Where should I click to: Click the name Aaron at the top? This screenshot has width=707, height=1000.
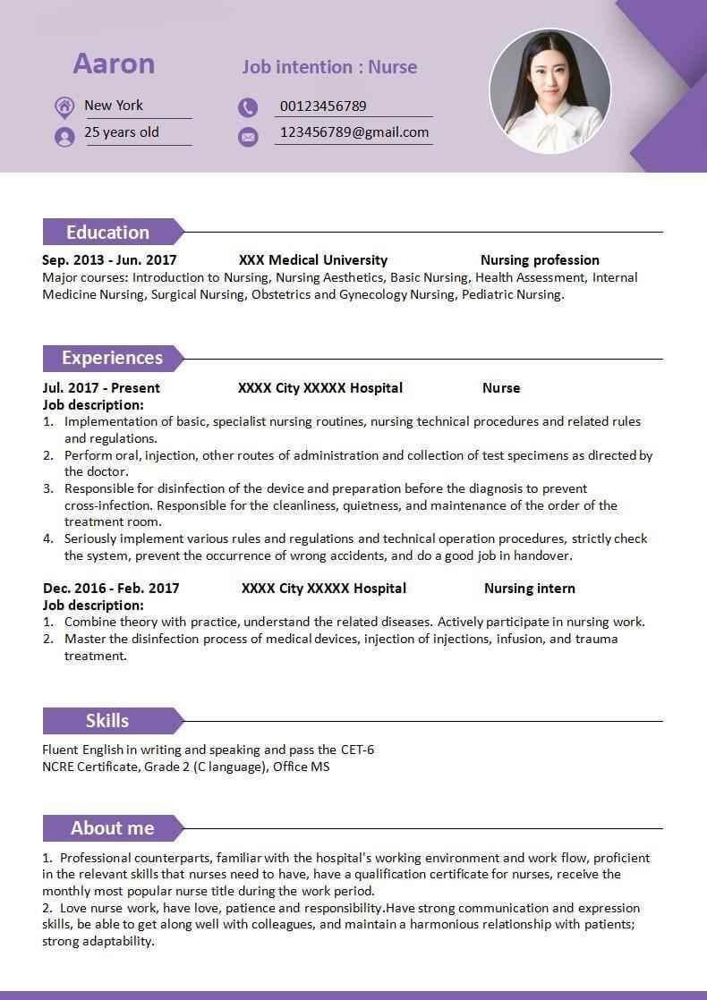[x=114, y=64]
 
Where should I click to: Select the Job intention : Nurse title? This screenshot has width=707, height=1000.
[x=329, y=67]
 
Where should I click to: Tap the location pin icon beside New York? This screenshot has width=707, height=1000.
[x=64, y=107]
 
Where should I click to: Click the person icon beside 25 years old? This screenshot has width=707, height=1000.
[x=64, y=136]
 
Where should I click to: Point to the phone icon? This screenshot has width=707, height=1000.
[x=248, y=108]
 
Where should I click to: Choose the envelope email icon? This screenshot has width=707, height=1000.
[x=248, y=136]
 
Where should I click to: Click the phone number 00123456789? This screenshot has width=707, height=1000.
[x=323, y=106]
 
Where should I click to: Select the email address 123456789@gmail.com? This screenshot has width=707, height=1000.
[x=354, y=132]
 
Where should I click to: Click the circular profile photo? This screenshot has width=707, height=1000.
[x=549, y=91]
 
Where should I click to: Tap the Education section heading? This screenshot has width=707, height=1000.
[x=107, y=233]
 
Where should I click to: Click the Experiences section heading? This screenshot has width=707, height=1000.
[x=112, y=358]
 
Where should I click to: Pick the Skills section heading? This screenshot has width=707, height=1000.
[x=107, y=721]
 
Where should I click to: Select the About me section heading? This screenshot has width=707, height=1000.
[x=112, y=828]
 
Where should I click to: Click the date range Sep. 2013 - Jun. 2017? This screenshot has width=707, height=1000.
[x=109, y=260]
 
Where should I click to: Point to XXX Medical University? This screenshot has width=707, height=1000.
[x=313, y=260]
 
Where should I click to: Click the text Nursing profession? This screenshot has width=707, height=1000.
[x=540, y=260]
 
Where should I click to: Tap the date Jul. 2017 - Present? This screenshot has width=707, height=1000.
[x=101, y=388]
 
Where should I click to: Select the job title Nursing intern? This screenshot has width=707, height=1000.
[x=530, y=589]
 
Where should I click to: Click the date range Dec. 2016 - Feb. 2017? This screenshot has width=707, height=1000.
[x=111, y=589]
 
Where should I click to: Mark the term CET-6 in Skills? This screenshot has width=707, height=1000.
[x=357, y=750]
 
